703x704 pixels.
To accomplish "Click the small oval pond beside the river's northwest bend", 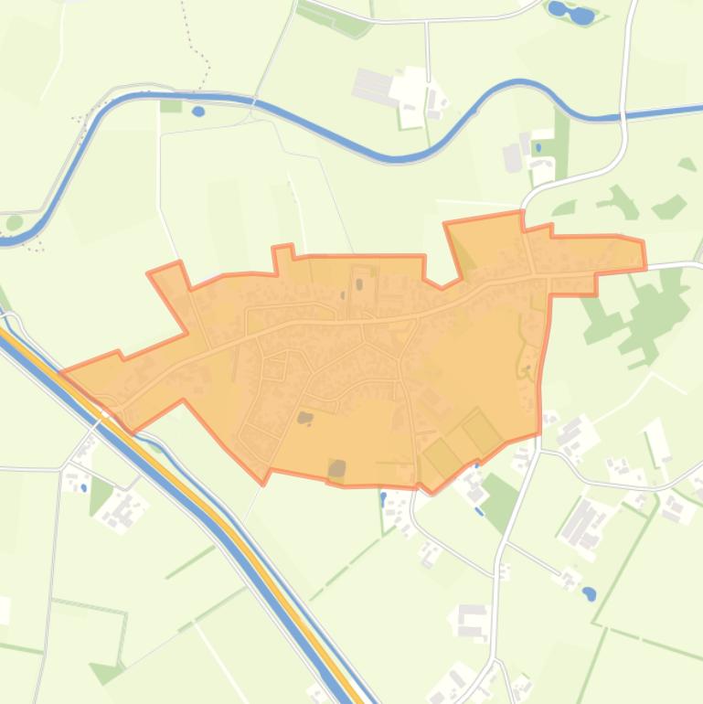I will pos(198,112).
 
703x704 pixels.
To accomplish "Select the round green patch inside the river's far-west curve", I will pos(14,222).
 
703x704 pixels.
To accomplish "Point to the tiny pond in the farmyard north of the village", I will pos(538,147).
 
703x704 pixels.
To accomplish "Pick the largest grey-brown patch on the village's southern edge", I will pos(337,469).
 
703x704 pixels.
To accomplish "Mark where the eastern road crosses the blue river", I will pos(623,116).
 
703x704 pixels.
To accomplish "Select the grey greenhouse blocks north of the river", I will pos(372,86).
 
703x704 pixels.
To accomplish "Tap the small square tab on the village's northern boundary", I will pos(283,252).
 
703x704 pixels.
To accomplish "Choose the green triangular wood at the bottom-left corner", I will pos(106,673).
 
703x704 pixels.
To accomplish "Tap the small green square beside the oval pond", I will pos(171,105).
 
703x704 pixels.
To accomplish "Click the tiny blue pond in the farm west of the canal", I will pos(84,487).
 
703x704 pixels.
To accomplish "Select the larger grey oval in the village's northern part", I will pos(359,284).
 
